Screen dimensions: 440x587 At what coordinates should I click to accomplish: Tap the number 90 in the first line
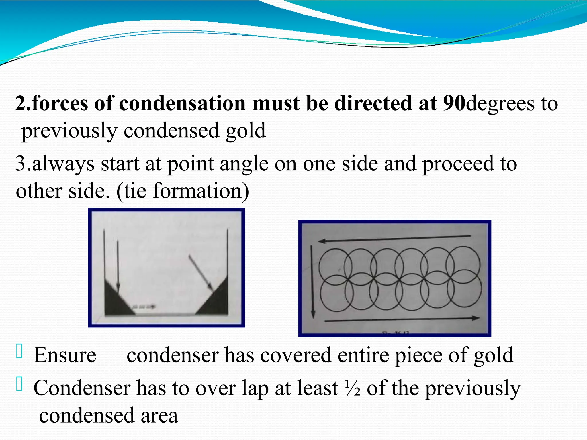(454, 103)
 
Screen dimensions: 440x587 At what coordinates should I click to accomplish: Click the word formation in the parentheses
(198, 191)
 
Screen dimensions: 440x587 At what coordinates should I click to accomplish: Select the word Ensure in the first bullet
(65, 355)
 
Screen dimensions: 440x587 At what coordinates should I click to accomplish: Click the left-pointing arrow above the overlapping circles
(394, 239)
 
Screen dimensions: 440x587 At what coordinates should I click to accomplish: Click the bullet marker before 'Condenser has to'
(19, 384)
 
